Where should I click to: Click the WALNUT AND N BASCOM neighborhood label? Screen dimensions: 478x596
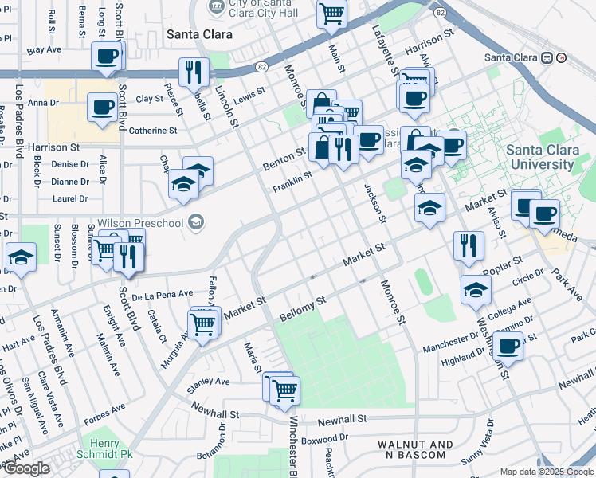tap(415, 449)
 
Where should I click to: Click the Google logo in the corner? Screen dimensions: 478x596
tap(25, 469)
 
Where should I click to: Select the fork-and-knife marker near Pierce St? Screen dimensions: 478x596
tap(193, 72)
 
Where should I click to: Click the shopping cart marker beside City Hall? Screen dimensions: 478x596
tap(331, 14)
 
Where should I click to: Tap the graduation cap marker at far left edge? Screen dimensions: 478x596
tap(20, 257)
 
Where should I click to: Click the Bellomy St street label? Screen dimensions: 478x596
tap(304, 309)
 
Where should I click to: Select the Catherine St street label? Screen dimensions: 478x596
tap(153, 131)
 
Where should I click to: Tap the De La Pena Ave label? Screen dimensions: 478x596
tap(163, 294)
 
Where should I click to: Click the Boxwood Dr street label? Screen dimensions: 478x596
tap(326, 437)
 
